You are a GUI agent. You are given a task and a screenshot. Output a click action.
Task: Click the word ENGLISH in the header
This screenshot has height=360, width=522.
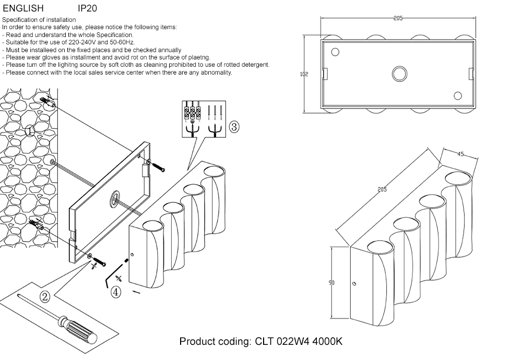pyautogui.click(x=23, y=9)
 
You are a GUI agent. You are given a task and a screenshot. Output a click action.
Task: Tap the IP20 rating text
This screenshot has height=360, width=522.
pyautogui.click(x=87, y=9)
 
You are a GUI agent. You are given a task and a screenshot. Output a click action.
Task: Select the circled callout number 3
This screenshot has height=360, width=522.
pyautogui.click(x=234, y=126)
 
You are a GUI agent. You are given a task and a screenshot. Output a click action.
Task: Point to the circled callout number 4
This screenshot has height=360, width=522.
pyautogui.click(x=116, y=292)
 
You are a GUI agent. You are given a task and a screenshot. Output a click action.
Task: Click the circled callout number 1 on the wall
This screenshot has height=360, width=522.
pyautogui.click(x=30, y=130)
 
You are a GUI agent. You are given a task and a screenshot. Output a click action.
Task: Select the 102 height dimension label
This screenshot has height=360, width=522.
pyautogui.click(x=304, y=74)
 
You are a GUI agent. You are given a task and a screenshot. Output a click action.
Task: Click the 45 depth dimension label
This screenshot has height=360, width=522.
pyautogui.click(x=460, y=154)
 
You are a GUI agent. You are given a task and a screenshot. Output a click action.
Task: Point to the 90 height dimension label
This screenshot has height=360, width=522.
pyautogui.click(x=331, y=283)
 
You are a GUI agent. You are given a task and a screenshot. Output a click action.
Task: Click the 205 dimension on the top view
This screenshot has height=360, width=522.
pyautogui.click(x=398, y=18)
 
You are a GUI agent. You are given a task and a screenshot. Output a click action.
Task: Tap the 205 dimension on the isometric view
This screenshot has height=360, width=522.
pyautogui.click(x=382, y=190)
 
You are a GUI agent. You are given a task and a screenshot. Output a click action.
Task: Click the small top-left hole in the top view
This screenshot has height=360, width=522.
pyautogui.click(x=335, y=51)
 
